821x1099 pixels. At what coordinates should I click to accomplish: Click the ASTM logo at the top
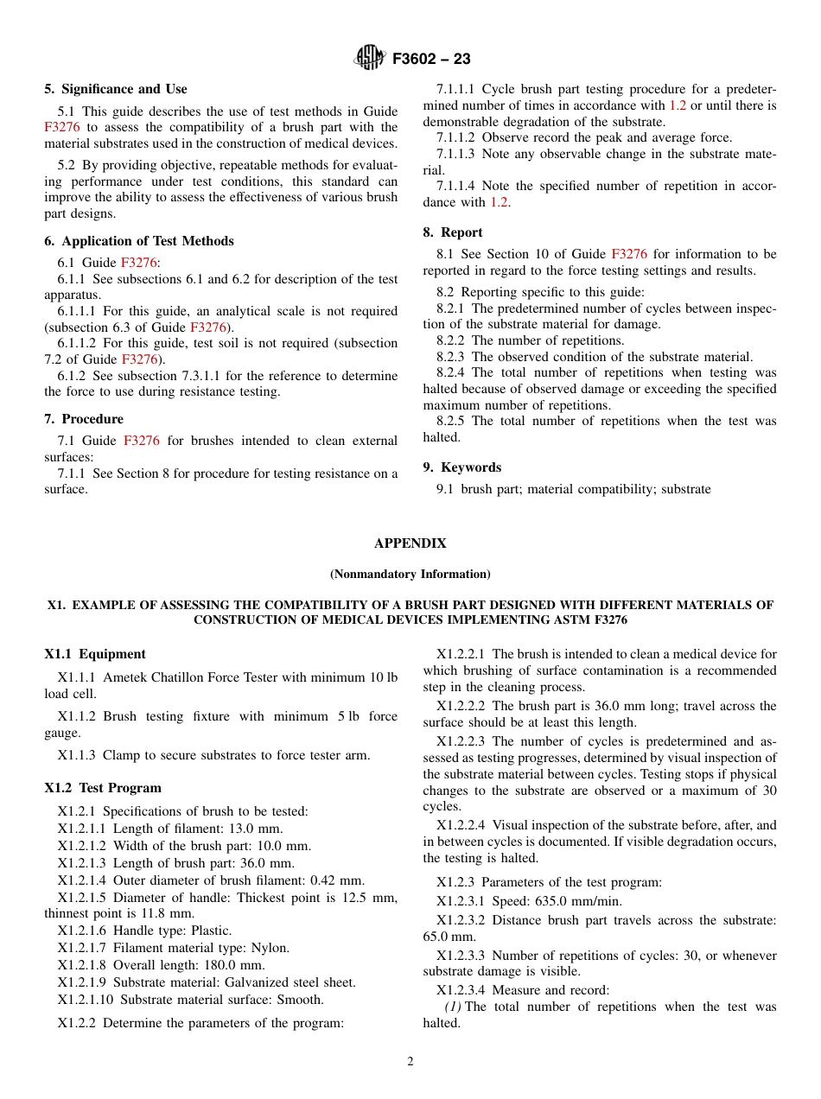(x=371, y=59)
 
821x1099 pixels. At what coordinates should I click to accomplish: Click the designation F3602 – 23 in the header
(x=431, y=60)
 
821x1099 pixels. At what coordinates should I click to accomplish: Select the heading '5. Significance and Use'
(x=116, y=89)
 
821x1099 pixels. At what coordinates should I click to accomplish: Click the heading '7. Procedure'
(x=84, y=419)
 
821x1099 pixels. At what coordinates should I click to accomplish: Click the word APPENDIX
(x=410, y=543)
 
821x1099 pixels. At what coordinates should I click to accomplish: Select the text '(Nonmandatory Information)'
(x=410, y=574)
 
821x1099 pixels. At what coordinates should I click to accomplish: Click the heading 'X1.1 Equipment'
(x=95, y=654)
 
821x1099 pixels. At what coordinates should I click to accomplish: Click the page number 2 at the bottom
(x=410, y=1062)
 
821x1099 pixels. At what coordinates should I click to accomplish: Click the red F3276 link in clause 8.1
(x=628, y=254)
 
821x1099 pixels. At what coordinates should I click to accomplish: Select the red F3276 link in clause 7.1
(x=142, y=441)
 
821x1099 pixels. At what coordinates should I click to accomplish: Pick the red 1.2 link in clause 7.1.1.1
(x=678, y=105)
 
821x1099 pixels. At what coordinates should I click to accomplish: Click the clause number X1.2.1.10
(x=85, y=1000)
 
